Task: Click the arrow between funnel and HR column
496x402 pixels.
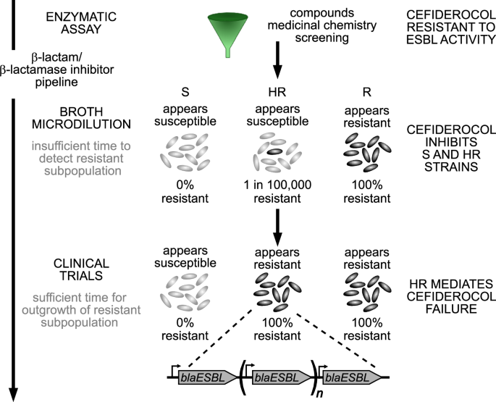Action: (x=276, y=62)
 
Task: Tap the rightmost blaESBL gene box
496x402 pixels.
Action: (x=353, y=377)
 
